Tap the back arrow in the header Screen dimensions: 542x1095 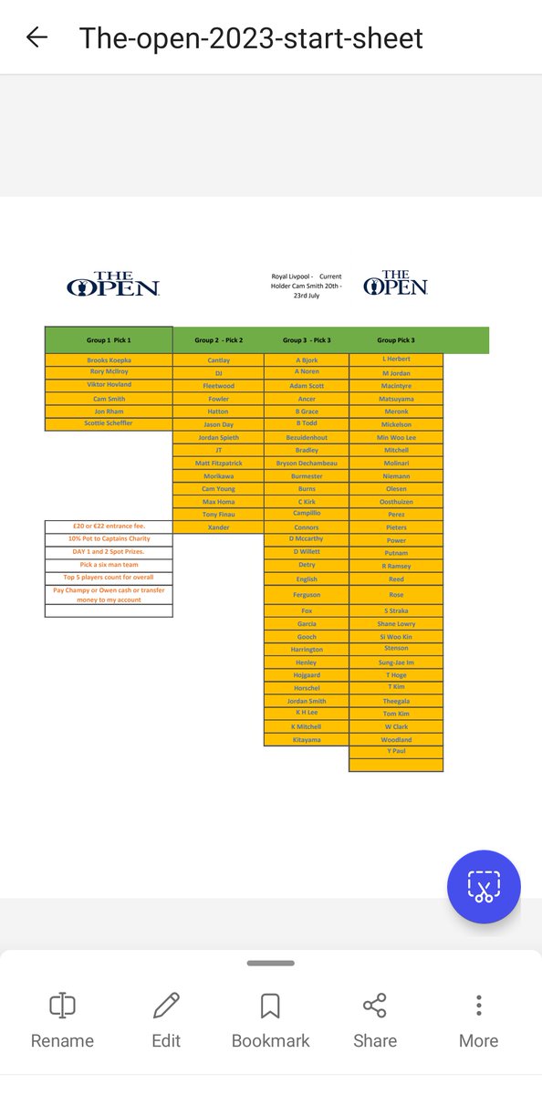[x=36, y=37]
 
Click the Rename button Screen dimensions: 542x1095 [x=62, y=1020]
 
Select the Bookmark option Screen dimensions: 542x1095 [x=270, y=1020]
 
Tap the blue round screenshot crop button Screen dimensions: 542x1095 [x=484, y=887]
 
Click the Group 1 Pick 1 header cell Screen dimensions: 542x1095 [x=109, y=340]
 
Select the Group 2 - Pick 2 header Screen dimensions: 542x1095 [x=218, y=340]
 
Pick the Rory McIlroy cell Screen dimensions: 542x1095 [x=109, y=372]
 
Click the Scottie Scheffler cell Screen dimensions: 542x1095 [x=109, y=423]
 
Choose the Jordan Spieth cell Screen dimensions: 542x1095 [x=218, y=438]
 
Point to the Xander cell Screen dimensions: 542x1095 [x=218, y=527]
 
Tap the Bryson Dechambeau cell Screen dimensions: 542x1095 [x=307, y=464]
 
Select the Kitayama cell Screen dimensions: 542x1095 [x=307, y=739]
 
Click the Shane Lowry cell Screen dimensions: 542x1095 [x=396, y=624]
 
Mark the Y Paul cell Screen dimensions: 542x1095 [x=396, y=751]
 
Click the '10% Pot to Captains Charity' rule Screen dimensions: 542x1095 [x=109, y=539]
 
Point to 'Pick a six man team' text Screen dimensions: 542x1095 [x=109, y=565]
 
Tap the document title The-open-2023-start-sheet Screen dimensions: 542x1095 [x=251, y=37]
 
